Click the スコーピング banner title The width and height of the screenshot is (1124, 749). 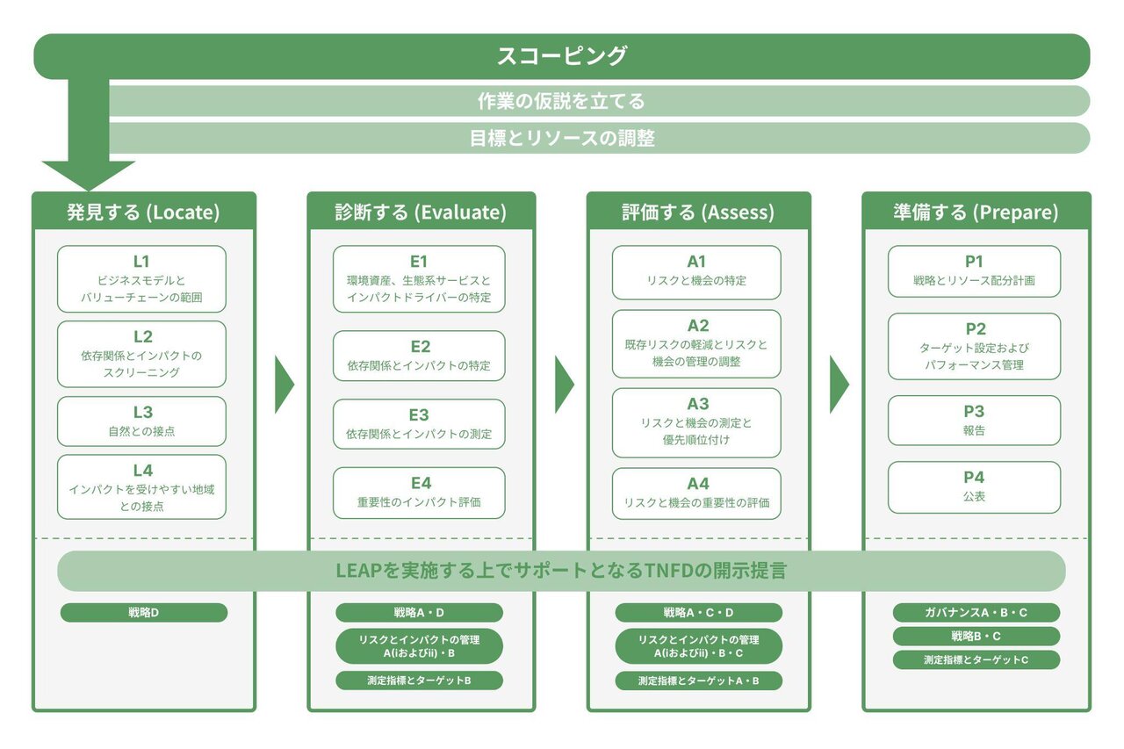click(x=562, y=56)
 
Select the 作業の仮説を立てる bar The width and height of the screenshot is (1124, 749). click(x=562, y=101)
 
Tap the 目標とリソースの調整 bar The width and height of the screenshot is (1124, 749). click(x=562, y=138)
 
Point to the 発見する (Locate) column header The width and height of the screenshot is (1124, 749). click(x=144, y=212)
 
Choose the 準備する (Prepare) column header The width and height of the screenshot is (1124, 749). click(x=976, y=212)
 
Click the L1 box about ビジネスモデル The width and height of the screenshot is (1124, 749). click(x=141, y=279)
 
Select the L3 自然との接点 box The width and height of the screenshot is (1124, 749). click(x=141, y=421)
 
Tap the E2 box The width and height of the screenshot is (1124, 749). click(x=419, y=356)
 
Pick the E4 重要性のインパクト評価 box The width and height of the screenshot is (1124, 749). click(x=419, y=493)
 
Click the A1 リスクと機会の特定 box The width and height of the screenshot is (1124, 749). click(x=696, y=271)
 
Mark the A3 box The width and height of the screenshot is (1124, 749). click(x=696, y=421)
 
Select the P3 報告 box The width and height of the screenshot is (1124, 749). click(x=974, y=421)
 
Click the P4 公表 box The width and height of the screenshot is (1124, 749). click(x=974, y=486)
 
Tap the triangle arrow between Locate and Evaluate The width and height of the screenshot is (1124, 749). click(x=284, y=385)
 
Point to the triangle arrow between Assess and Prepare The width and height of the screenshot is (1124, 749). click(x=839, y=385)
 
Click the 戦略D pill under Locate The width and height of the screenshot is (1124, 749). click(x=143, y=613)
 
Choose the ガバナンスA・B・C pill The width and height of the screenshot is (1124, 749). click(x=976, y=613)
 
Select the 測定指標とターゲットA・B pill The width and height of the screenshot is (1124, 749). click(x=698, y=681)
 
